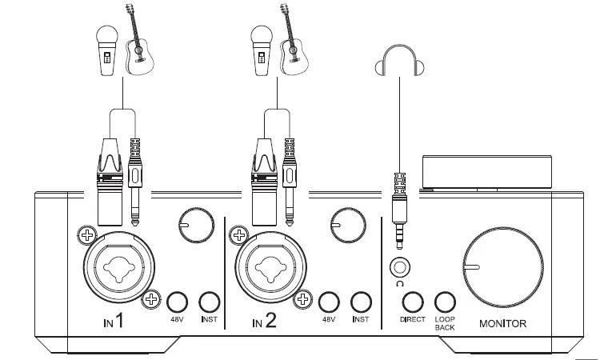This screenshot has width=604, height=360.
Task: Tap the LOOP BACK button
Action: (445, 302)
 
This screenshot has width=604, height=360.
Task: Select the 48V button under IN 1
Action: (177, 302)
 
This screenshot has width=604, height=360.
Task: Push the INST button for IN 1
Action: (209, 302)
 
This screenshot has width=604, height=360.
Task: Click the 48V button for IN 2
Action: (328, 302)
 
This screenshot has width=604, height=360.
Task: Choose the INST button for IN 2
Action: (361, 302)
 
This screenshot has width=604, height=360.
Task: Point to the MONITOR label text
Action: (502, 324)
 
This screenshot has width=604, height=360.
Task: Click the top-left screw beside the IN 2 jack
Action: (237, 235)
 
